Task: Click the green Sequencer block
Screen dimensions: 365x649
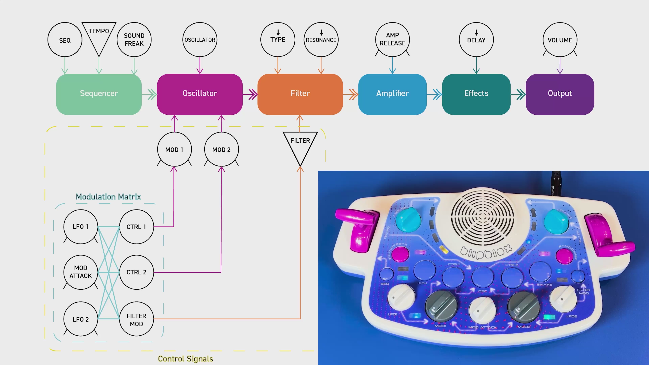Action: [x=99, y=94]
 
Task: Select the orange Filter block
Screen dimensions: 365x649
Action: [x=300, y=94]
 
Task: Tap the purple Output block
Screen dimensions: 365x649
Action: [x=560, y=94]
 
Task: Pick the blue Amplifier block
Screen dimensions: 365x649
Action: [x=392, y=94]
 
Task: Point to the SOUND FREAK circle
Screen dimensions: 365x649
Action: [x=134, y=40]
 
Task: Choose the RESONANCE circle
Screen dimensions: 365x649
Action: [x=321, y=40]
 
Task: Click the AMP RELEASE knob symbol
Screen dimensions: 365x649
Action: [x=392, y=40]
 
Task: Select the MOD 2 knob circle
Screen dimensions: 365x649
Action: [x=221, y=149]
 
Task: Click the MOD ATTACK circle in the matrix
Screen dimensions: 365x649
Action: [x=81, y=272]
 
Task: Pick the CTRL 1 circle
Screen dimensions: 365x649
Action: [x=136, y=227]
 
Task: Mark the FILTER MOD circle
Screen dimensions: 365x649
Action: [x=136, y=319]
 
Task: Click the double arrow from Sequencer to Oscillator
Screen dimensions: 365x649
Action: [x=151, y=94]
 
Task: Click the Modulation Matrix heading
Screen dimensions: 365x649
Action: [x=108, y=197]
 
